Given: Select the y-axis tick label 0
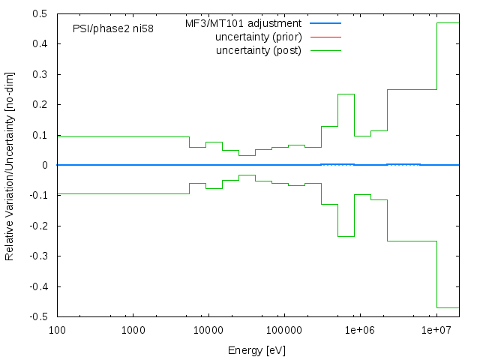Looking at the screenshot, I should pos(46,165).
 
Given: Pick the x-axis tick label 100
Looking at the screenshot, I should pos(57,331).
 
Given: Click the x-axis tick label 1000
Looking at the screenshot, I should pos(133,331).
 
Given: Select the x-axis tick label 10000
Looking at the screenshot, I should pos(208,331).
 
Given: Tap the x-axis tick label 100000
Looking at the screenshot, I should pos(284,331).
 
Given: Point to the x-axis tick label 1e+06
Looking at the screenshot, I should pos(360,331).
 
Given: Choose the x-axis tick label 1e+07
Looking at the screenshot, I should pos(436,331).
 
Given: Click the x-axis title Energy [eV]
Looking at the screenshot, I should pos(257,349).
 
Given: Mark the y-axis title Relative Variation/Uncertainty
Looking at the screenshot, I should pos(10,165).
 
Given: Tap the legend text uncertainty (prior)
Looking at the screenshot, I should pos(258,37).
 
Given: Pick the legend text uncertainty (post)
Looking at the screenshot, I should pos(259,50).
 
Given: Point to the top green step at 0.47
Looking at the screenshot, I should pos(448,22).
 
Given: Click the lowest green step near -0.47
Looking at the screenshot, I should pos(448,307).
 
